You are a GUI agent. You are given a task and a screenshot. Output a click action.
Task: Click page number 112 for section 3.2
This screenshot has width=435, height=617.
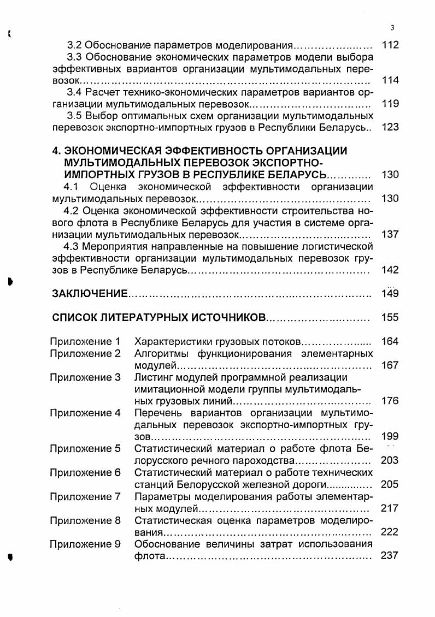pyautogui.click(x=390, y=45)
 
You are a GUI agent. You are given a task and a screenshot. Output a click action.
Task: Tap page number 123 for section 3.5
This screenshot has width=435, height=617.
pyautogui.click(x=390, y=127)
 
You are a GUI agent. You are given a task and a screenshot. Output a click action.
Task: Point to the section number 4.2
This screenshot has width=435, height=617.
pyautogui.click(x=72, y=211)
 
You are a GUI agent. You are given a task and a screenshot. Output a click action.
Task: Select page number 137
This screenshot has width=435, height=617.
pyautogui.click(x=390, y=234)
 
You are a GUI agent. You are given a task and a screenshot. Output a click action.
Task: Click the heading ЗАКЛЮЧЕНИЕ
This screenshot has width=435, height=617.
pyautogui.click(x=89, y=294)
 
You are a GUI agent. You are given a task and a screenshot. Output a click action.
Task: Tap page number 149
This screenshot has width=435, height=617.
pyautogui.click(x=390, y=294)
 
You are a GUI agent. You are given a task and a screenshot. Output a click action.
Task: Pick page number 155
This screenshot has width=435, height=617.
pyautogui.click(x=390, y=318)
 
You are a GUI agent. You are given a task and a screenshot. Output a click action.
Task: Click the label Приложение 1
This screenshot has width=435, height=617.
pyautogui.click(x=85, y=342)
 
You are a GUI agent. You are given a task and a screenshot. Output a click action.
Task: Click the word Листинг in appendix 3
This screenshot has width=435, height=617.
pyautogui.click(x=155, y=377)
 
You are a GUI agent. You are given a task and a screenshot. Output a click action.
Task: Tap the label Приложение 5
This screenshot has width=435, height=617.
pyautogui.click(x=85, y=449)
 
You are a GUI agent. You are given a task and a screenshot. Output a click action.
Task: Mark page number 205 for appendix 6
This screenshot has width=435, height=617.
pyautogui.click(x=390, y=484)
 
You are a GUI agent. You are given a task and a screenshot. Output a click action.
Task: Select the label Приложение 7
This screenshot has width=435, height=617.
pyautogui.click(x=85, y=496)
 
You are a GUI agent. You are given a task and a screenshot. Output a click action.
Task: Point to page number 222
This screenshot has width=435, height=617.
pyautogui.click(x=390, y=532)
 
